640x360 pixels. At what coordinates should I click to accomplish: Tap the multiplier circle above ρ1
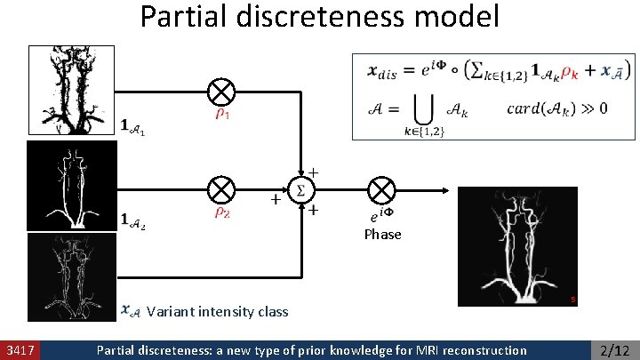(221, 92)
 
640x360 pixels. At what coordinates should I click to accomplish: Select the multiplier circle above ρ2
(221, 189)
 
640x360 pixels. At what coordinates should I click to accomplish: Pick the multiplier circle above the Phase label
(381, 189)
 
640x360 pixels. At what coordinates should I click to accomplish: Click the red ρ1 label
(223, 116)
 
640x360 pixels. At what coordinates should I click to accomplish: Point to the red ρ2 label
(223, 213)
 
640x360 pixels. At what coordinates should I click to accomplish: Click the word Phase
(382, 235)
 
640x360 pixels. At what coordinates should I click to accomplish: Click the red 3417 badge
(19, 350)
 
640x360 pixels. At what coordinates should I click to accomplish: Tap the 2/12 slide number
(615, 350)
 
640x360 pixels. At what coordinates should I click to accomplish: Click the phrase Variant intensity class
(217, 312)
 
